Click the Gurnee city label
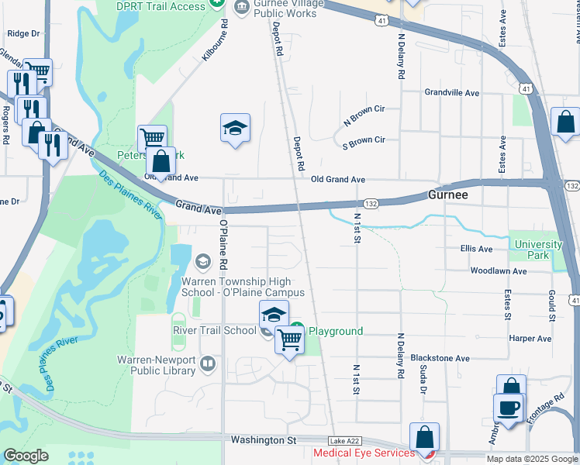pyautogui.click(x=447, y=195)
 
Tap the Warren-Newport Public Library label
pyautogui.click(x=156, y=365)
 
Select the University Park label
pyautogui.click(x=538, y=250)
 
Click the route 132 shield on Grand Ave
pyautogui.click(x=371, y=201)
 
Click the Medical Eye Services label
pyautogui.click(x=364, y=453)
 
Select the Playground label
pyautogui.click(x=336, y=331)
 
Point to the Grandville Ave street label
pyautogui.click(x=452, y=92)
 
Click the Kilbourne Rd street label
pyautogui.click(x=216, y=41)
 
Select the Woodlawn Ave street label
pyautogui.click(x=498, y=271)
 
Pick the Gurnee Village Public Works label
pyautogui.click(x=271, y=8)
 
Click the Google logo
pyautogui.click(x=26, y=456)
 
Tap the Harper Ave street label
pyautogui.click(x=530, y=339)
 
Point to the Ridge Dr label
pyautogui.click(x=22, y=33)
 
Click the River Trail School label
pyautogui.click(x=214, y=330)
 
